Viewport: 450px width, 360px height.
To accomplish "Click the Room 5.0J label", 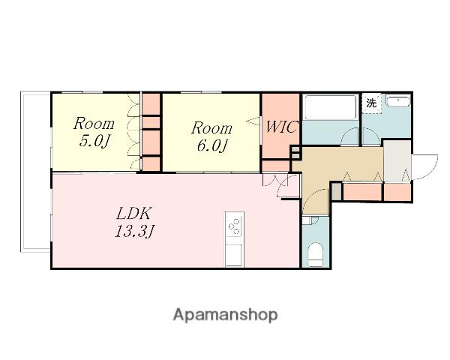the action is [x=94, y=132].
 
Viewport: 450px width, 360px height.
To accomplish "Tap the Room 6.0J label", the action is [x=211, y=136].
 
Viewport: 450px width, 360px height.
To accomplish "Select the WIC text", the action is [x=281, y=127].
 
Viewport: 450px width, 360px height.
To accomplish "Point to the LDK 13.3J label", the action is [x=134, y=222].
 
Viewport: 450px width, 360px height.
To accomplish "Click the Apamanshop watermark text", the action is [x=225, y=315].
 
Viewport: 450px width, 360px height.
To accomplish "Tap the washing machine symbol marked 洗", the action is [x=371, y=103].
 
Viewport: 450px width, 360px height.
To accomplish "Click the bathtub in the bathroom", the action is [x=330, y=107].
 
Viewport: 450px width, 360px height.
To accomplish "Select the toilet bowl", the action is [x=315, y=255].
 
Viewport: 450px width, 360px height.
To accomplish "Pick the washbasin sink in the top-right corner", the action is [x=397, y=101].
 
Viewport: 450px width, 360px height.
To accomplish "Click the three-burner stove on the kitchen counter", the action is [x=235, y=225].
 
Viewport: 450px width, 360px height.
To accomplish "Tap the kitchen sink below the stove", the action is [x=235, y=255].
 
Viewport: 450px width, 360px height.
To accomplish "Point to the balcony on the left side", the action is [x=36, y=172].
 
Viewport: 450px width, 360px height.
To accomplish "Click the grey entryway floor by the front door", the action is [x=397, y=160].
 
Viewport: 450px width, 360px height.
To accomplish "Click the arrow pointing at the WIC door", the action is [x=253, y=121].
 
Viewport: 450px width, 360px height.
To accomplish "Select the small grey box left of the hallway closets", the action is [x=337, y=191].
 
